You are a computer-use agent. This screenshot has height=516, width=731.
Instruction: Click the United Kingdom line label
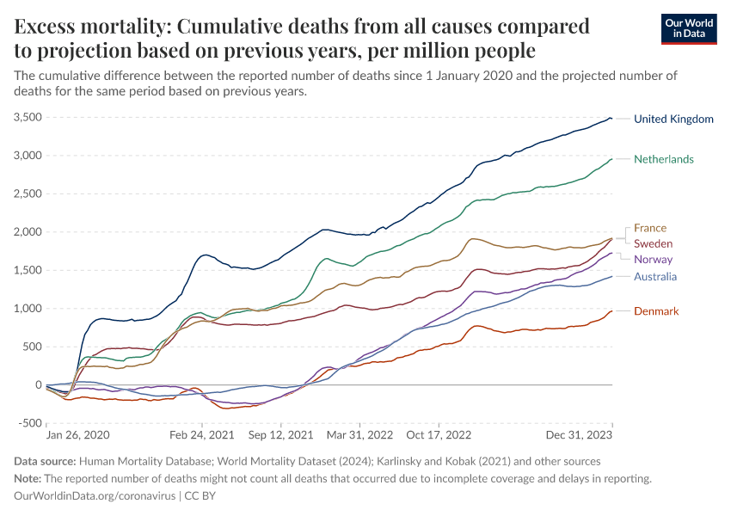673,120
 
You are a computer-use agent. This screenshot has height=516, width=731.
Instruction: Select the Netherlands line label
663,159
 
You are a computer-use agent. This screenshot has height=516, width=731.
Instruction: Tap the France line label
650,228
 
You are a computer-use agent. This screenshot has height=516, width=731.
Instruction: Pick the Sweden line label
653,244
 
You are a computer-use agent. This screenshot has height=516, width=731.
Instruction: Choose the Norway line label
653,260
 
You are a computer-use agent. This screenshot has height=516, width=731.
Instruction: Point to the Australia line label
655,277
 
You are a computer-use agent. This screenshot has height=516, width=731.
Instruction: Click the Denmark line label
656,311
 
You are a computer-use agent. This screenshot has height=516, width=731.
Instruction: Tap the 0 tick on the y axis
39,385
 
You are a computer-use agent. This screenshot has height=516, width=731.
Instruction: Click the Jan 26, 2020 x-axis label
78,436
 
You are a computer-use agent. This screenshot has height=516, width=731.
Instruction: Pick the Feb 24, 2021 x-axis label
202,436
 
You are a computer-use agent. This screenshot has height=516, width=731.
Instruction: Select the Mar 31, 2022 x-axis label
360,436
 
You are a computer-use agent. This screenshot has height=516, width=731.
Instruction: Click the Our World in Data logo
690,28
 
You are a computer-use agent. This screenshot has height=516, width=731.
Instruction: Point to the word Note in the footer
28,479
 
